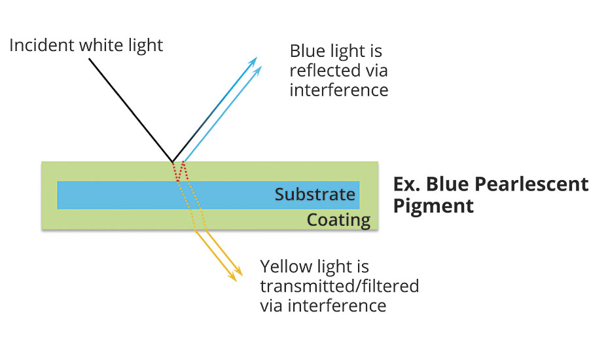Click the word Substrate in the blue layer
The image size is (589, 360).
coord(315,194)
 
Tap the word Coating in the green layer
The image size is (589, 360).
coord(339,219)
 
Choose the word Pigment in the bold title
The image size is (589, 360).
coord(433,206)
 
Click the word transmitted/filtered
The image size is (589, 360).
coord(339,286)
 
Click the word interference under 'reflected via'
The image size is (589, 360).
coord(338,90)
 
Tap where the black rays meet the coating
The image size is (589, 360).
coord(173,162)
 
